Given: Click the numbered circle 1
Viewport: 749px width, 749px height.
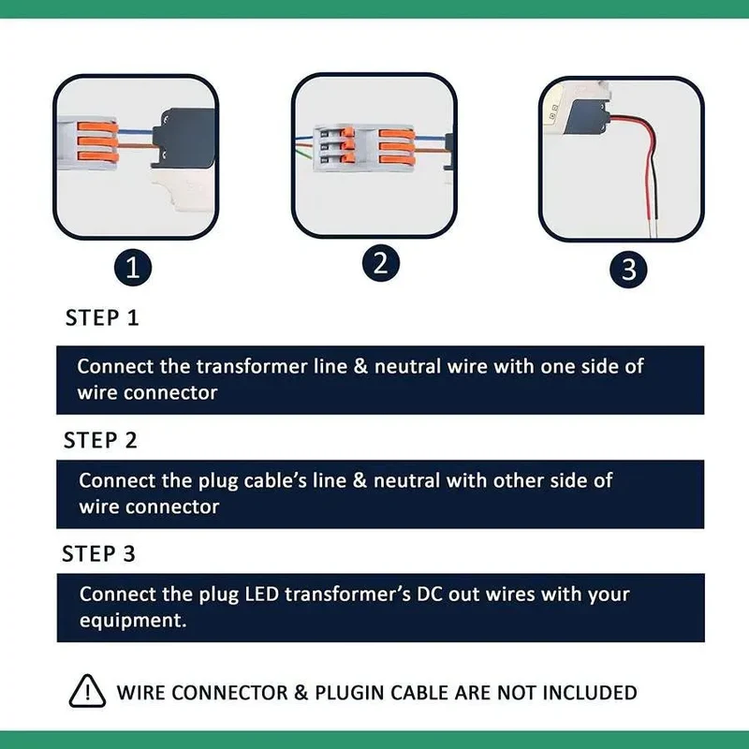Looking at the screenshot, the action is pos(133,268).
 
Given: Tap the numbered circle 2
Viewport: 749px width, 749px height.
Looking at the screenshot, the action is pos(381,263).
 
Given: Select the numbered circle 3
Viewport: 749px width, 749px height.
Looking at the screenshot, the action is pos(628,270).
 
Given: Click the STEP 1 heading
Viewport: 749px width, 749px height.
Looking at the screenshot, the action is pos(102,318).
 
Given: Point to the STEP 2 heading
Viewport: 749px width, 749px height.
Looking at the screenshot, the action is pos(100,440).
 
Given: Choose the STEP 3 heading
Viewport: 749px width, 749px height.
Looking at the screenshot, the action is pos(99,553).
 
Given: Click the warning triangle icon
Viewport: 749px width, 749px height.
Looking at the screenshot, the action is pos(87,691).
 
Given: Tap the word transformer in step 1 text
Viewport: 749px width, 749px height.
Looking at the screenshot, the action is pos(252,366).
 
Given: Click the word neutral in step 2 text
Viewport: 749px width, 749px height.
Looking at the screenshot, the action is pos(406,480).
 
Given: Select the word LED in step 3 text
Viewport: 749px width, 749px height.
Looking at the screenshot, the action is pos(262,595).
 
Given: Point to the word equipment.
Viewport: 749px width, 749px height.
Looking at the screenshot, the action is pos(133,621).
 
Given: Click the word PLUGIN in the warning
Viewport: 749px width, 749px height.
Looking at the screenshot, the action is pos(349,693).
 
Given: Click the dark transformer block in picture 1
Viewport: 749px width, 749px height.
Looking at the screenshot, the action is pos(184,139).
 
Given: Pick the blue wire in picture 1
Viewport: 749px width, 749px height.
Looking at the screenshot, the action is pos(135,131).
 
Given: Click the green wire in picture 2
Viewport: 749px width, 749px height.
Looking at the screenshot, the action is pos(304,154).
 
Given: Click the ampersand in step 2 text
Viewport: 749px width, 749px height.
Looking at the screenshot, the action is pos(360,480).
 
